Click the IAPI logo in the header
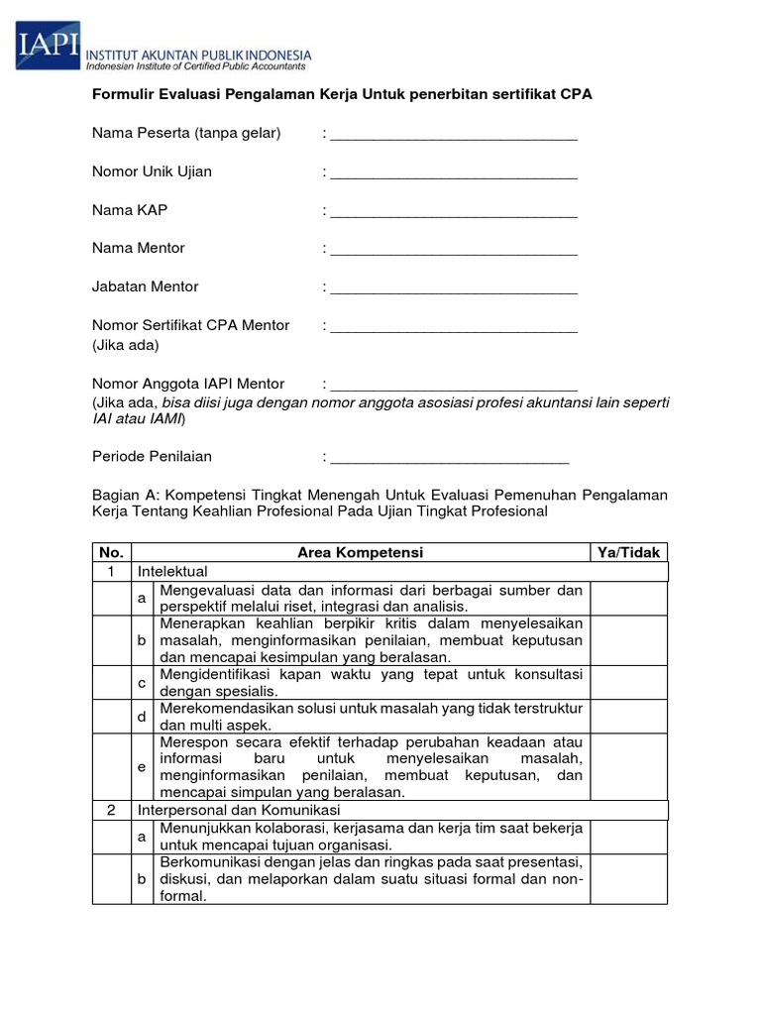(x=47, y=47)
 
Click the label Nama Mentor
(x=139, y=248)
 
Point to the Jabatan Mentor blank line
(x=454, y=290)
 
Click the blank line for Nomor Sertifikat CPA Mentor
(x=454, y=329)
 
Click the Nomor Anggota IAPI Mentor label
(x=188, y=384)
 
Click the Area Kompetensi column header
(x=360, y=552)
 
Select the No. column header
(x=111, y=552)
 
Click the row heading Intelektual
(x=172, y=572)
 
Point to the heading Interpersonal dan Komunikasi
(x=239, y=810)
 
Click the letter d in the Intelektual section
(x=142, y=717)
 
